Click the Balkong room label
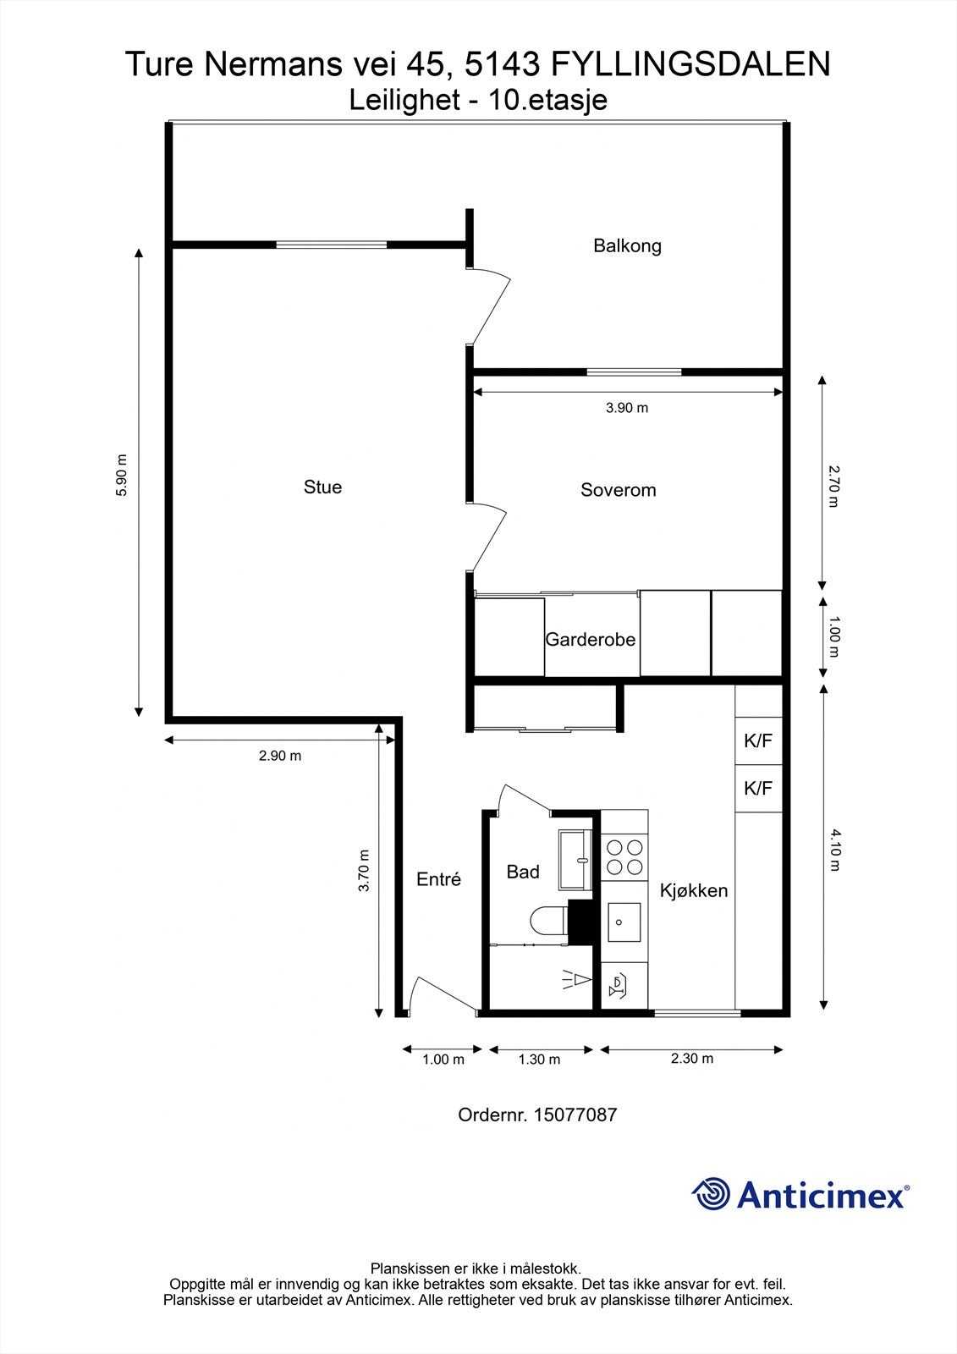point(627,246)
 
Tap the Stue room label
point(322,487)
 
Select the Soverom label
point(618,490)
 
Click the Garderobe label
point(590,640)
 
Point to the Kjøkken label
point(693,890)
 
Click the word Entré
point(438,879)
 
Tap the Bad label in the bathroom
point(522,872)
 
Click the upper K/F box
point(758,741)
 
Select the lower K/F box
point(758,789)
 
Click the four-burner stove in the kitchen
point(624,856)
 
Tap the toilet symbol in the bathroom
point(548,921)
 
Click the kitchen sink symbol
point(624,922)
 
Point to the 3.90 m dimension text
point(627,408)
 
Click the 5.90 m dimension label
point(122,476)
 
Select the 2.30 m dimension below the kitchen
point(691,1058)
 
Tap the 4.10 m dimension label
point(834,850)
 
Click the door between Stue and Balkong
point(490,306)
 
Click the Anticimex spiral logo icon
point(711,1194)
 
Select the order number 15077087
point(575,1115)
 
